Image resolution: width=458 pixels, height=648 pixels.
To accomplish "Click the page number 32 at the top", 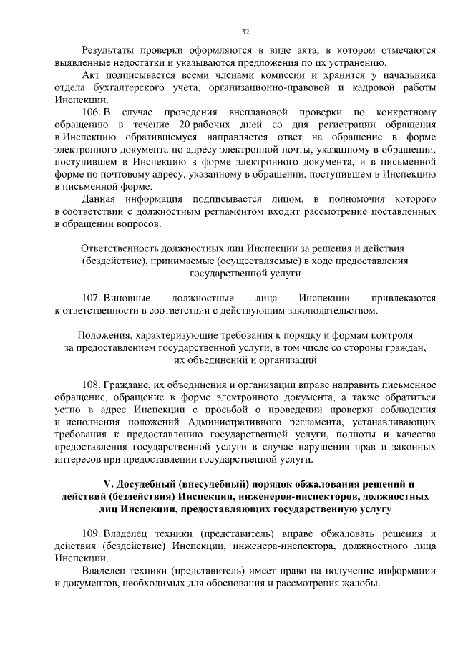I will [x=245, y=32].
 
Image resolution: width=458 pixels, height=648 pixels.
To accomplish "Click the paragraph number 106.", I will [x=92, y=112].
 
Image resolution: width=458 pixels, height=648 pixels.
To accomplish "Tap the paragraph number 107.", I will [x=92, y=297].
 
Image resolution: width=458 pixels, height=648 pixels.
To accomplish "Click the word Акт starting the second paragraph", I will [x=92, y=75].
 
